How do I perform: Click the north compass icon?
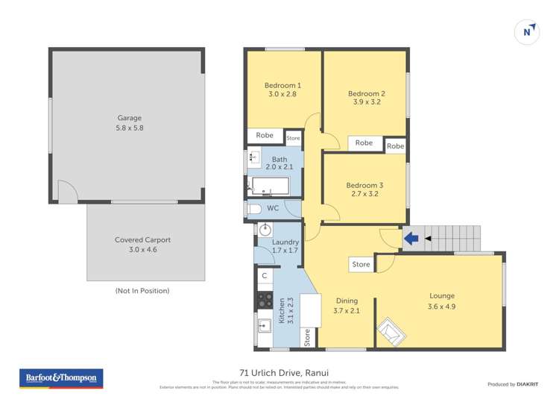pyautogui.click(x=527, y=31)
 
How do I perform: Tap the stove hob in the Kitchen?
pyautogui.click(x=265, y=300)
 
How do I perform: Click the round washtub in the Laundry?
pyautogui.click(x=265, y=229)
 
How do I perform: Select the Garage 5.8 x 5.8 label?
pyautogui.click(x=129, y=123)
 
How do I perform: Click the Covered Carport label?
pyautogui.click(x=142, y=245)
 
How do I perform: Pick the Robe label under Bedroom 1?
pyautogui.click(x=265, y=136)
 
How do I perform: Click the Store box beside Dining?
pyautogui.click(x=361, y=264)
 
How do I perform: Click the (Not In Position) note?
pyautogui.click(x=142, y=290)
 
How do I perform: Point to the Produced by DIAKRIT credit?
pyautogui.click(x=517, y=384)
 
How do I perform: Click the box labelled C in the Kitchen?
pyautogui.click(x=265, y=276)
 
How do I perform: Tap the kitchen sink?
pyautogui.click(x=264, y=327)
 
